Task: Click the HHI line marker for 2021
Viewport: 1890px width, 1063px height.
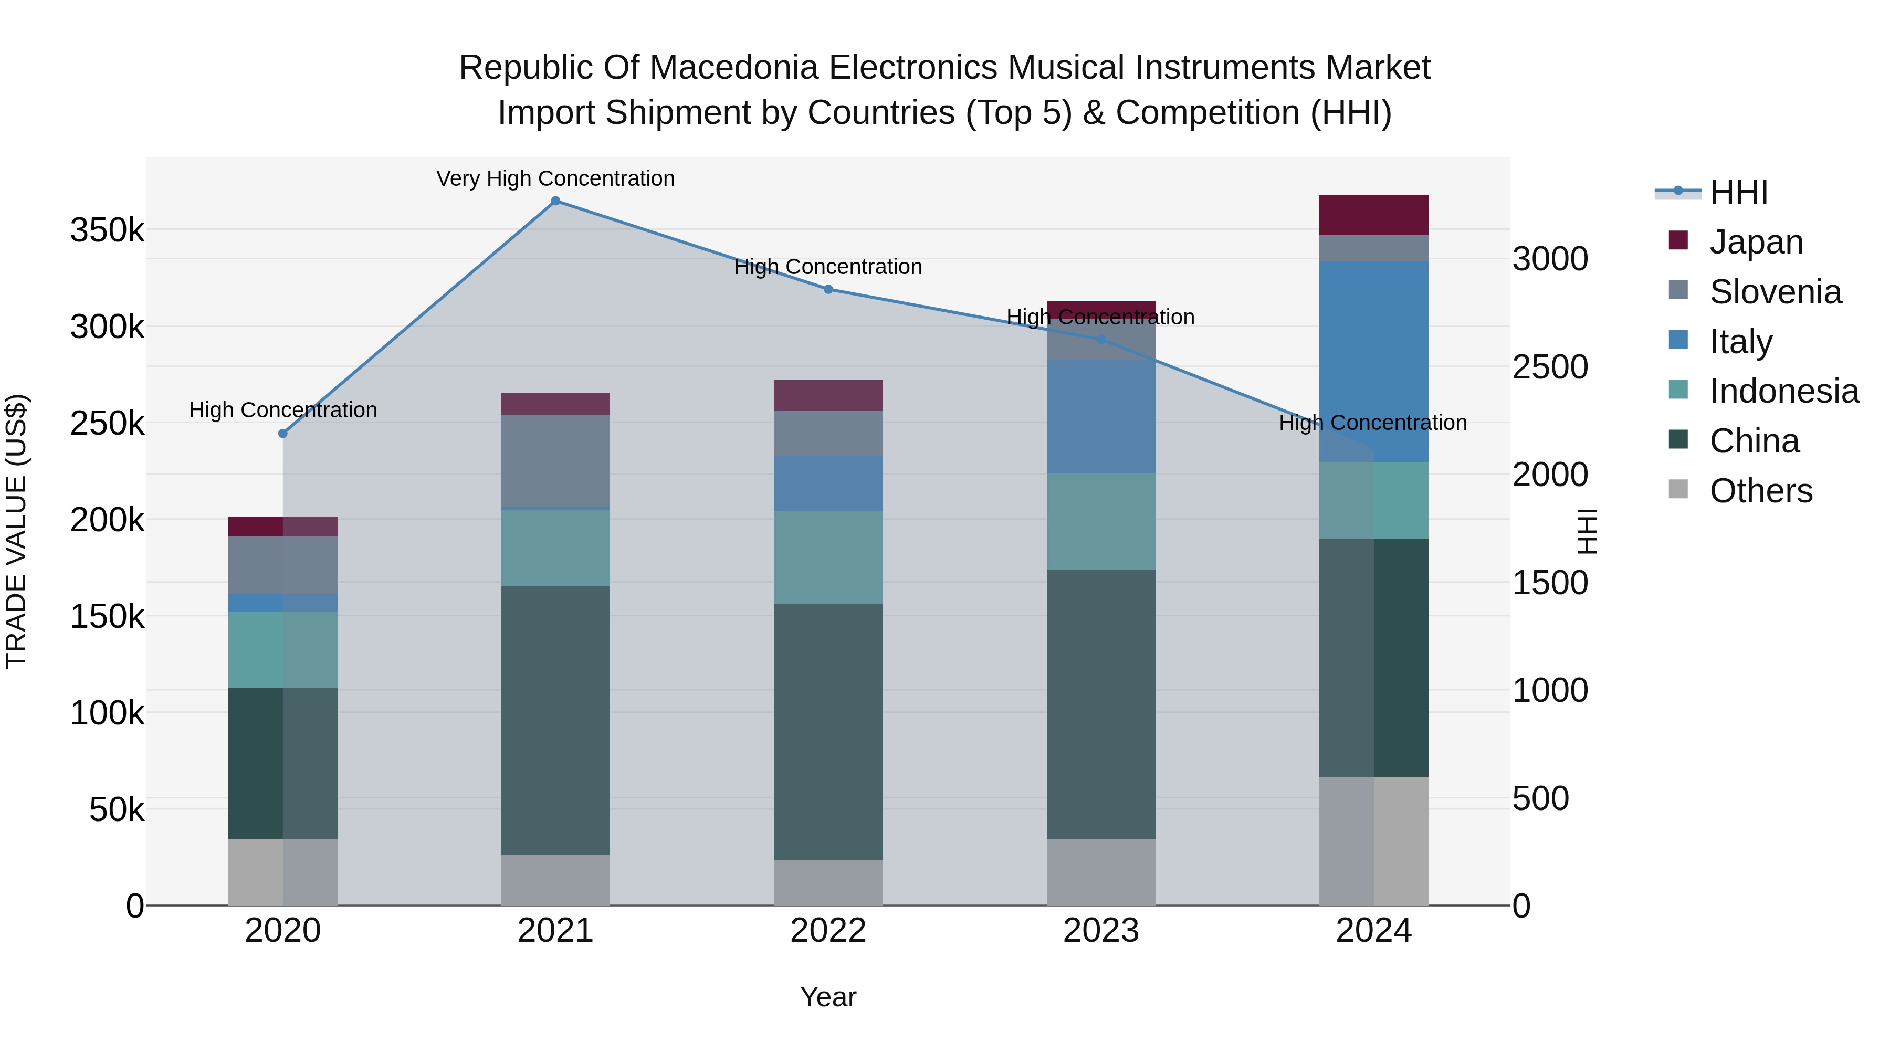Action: coord(555,201)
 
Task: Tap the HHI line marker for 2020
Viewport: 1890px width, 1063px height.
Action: coord(283,434)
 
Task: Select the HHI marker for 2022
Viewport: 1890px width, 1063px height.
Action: coord(828,289)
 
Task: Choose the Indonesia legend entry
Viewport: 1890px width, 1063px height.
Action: coord(1783,391)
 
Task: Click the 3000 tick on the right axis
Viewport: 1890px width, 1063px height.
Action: coord(1550,259)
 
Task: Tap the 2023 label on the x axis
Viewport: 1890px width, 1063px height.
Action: coord(1100,931)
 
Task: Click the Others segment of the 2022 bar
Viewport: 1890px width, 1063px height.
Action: coord(828,882)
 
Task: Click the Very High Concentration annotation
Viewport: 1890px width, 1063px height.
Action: coord(555,179)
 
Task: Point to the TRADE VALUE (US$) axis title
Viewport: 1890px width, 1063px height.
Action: coord(16,531)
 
